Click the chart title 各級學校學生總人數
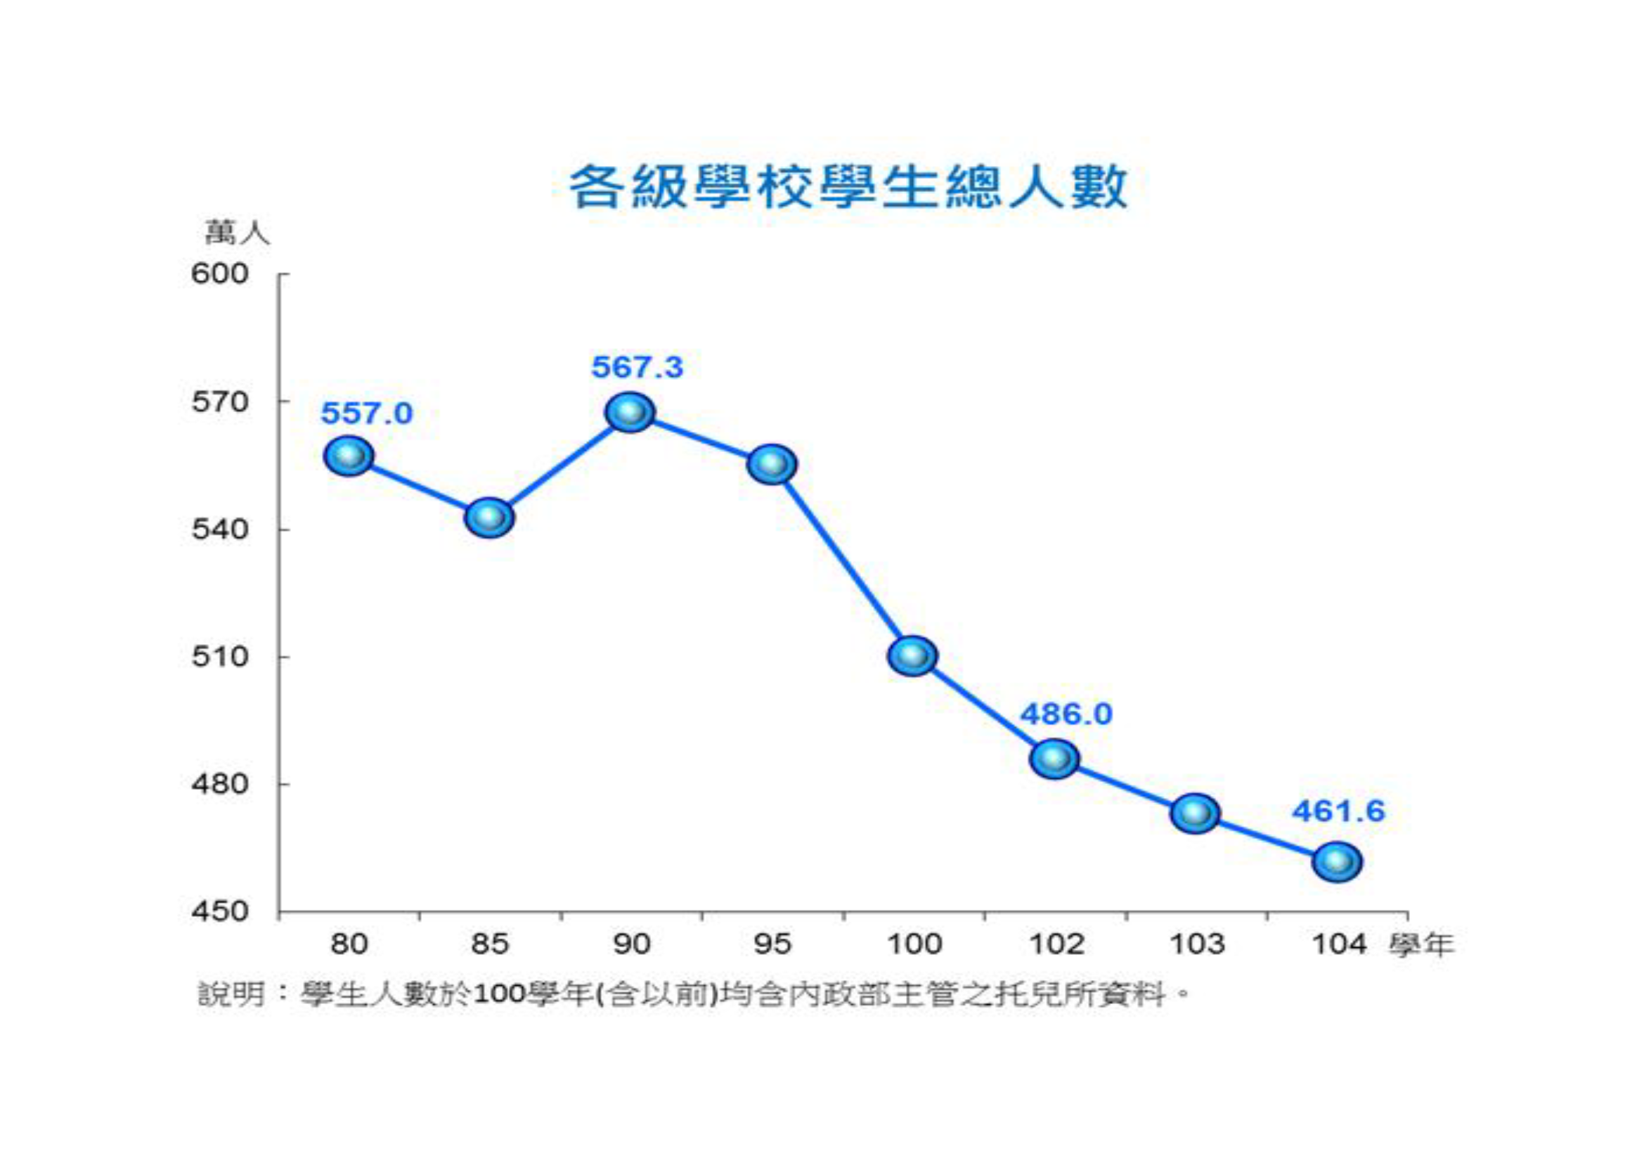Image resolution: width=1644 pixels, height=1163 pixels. click(x=848, y=188)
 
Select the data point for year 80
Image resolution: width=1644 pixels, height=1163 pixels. click(x=349, y=456)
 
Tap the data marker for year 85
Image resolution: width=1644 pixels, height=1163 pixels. click(x=489, y=517)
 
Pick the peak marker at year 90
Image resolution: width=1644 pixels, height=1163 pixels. click(x=629, y=412)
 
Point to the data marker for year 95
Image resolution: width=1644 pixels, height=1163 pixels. click(x=771, y=464)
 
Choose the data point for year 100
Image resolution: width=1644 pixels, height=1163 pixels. click(x=912, y=655)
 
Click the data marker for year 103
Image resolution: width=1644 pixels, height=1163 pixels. click(x=1194, y=813)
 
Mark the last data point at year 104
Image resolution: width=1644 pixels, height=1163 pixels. click(x=1336, y=861)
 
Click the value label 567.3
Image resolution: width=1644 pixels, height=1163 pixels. click(x=637, y=367)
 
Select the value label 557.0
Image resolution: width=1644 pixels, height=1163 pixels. click(x=367, y=413)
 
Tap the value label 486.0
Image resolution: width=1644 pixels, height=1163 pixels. click(x=1066, y=714)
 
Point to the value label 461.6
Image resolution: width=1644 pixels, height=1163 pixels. click(x=1338, y=811)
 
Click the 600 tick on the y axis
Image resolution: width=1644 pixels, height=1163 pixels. click(x=219, y=274)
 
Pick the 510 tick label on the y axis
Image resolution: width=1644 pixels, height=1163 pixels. click(x=219, y=657)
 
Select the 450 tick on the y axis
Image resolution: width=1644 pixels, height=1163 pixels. click(x=219, y=912)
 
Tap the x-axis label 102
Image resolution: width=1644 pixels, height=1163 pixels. click(x=1056, y=944)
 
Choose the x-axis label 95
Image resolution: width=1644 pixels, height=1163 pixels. click(x=772, y=944)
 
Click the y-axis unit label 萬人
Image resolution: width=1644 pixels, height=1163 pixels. click(x=237, y=233)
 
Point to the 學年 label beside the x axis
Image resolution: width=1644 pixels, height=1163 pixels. click(x=1421, y=945)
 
